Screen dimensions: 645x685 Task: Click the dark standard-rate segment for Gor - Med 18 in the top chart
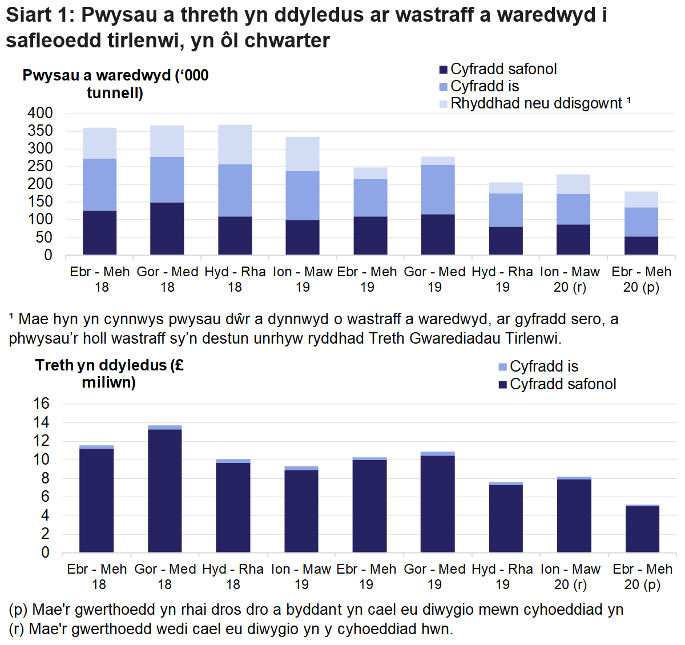click(167, 228)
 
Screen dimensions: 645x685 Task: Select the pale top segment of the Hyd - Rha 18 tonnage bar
click(235, 144)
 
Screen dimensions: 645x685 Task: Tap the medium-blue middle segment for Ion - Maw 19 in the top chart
click(303, 195)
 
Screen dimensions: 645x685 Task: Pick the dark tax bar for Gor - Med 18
click(164, 490)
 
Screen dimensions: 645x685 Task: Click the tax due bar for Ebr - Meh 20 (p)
click(642, 529)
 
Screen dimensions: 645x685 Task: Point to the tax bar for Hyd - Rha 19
click(506, 518)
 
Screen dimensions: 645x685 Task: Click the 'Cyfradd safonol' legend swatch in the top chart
click(443, 70)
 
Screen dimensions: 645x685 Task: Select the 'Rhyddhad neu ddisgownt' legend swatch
click(443, 104)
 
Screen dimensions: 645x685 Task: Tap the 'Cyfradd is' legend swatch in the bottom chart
click(502, 366)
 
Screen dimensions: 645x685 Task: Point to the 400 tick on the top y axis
click(40, 113)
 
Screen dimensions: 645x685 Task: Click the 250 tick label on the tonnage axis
click(40, 166)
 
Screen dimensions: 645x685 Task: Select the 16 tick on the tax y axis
click(42, 404)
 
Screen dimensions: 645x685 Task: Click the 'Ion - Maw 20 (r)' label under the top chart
click(570, 279)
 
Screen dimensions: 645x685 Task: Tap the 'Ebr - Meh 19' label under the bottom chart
click(366, 577)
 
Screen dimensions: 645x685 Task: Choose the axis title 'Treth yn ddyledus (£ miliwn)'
click(109, 373)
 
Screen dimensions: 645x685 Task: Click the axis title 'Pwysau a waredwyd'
click(115, 83)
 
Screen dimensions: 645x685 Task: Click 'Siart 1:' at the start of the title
click(39, 15)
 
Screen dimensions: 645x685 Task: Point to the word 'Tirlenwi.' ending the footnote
click(533, 338)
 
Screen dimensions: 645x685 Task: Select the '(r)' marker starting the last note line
click(17, 629)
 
